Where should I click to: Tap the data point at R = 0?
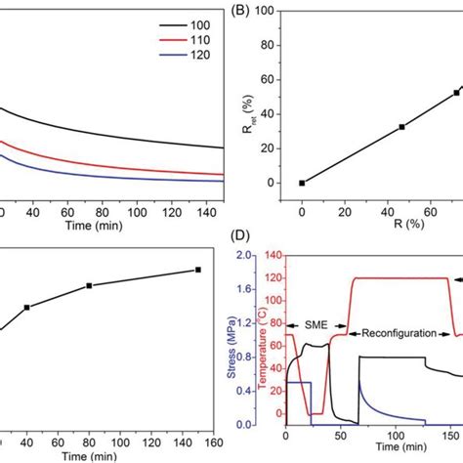coord(302,183)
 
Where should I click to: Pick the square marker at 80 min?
coord(89,285)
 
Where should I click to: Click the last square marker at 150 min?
coord(198,270)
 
